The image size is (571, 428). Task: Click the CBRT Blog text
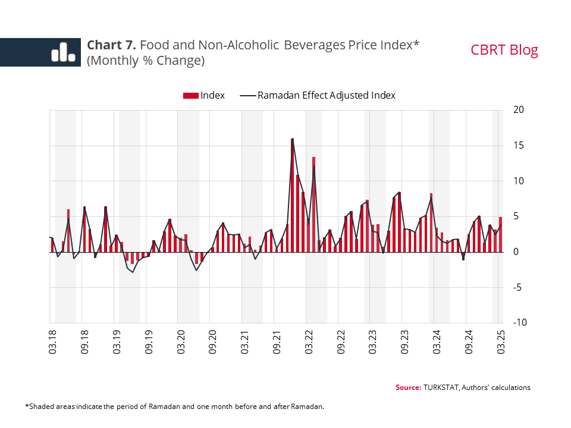pyautogui.click(x=504, y=50)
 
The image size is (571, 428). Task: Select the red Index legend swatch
pyautogui.click(x=192, y=95)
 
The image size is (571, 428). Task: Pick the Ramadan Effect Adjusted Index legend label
pyautogui.click(x=326, y=95)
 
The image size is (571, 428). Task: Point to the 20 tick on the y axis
pyautogui.click(x=518, y=110)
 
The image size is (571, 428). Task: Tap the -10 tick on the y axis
pyautogui.click(x=516, y=322)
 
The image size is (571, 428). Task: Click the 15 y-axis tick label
pyautogui.click(x=518, y=146)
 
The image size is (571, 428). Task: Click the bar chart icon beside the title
pyautogui.click(x=63, y=52)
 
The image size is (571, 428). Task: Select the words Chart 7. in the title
pyautogui.click(x=111, y=45)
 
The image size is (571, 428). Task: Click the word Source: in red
pyautogui.click(x=408, y=388)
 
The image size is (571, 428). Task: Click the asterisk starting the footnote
pyautogui.click(x=27, y=406)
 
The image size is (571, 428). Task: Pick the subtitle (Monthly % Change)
pyautogui.click(x=146, y=61)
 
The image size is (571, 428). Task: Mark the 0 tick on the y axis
pyautogui.click(x=515, y=252)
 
